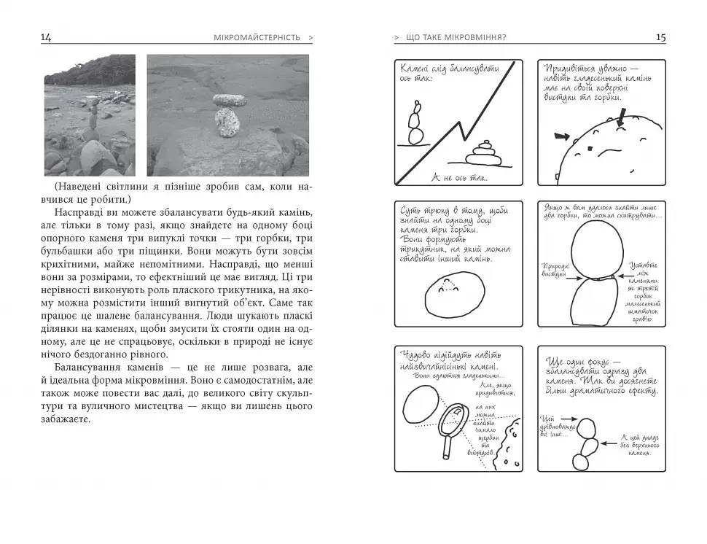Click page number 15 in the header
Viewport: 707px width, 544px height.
(x=660, y=38)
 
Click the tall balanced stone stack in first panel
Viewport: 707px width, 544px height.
(x=415, y=124)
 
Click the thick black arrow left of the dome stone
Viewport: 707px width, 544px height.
(x=561, y=136)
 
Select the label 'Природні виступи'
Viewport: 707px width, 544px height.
(x=554, y=271)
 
